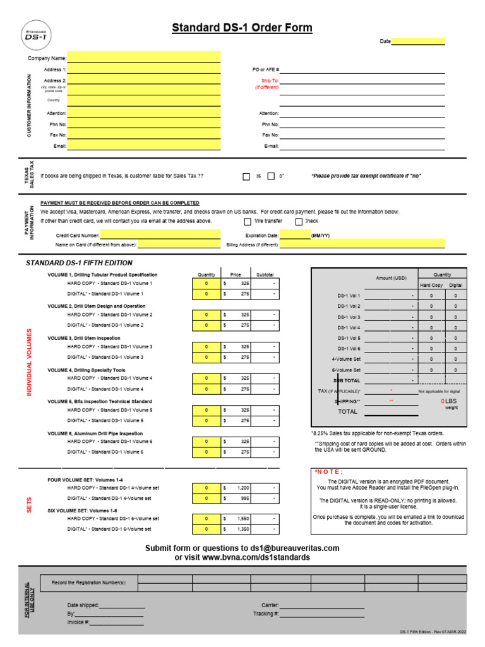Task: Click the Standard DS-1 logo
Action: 35,36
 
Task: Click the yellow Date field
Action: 418,41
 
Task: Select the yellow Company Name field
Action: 144,58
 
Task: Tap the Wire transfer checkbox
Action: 247,222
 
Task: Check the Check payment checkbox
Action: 299,222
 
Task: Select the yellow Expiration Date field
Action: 295,235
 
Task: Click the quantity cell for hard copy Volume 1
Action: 206,284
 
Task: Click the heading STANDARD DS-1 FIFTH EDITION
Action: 79,263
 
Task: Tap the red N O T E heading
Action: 328,472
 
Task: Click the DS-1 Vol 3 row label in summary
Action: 349,317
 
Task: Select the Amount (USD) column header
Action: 391,278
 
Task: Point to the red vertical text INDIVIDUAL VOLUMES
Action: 28,362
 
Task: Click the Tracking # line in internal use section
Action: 322,614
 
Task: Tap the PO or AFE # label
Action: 265,70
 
